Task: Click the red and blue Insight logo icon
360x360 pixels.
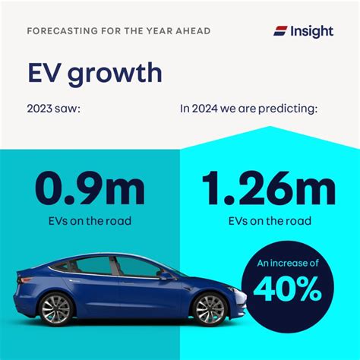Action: pyautogui.click(x=280, y=31)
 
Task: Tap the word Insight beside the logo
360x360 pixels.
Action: pyautogui.click(x=312, y=32)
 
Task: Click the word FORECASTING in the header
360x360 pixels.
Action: pyautogui.click(x=62, y=31)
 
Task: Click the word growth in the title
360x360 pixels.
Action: pyautogui.click(x=115, y=74)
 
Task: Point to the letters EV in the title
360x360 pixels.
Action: pyautogui.click(x=46, y=72)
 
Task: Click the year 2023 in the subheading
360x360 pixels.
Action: pyautogui.click(x=39, y=109)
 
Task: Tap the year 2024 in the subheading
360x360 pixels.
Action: pyautogui.click(x=205, y=109)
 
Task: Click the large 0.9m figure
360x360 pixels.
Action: pyautogui.click(x=90, y=188)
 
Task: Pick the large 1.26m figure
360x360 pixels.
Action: pyautogui.click(x=269, y=188)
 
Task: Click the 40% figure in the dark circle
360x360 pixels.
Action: pyautogui.click(x=287, y=289)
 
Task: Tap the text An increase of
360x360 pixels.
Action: pyautogui.click(x=288, y=264)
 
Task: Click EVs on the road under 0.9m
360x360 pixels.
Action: pyautogui.click(x=90, y=221)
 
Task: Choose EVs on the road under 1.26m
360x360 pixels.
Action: pyautogui.click(x=270, y=221)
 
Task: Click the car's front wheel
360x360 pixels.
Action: pyautogui.click(x=210, y=309)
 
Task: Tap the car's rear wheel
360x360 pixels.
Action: pyautogui.click(x=56, y=309)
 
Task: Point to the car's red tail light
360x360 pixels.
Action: pyautogui.click(x=25, y=279)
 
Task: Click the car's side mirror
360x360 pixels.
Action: pyautogui.click(x=166, y=276)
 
